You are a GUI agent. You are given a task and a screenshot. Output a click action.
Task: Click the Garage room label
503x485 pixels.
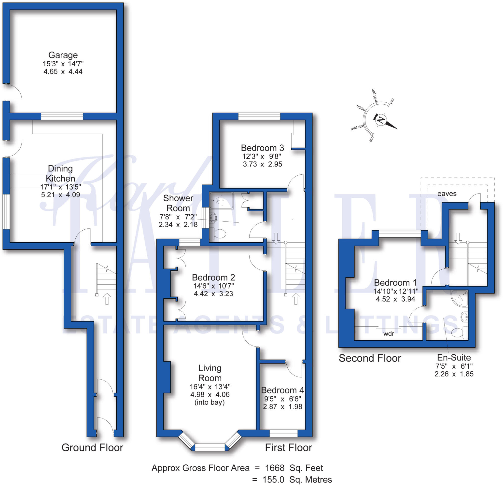63,55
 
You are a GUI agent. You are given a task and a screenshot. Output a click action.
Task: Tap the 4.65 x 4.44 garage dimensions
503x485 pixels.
63,71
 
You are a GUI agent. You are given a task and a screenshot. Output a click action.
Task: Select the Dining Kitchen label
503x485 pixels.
60,173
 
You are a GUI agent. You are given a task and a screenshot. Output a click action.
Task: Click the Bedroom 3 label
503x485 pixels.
262,148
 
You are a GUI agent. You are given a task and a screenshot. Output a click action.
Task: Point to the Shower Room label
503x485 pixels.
178,203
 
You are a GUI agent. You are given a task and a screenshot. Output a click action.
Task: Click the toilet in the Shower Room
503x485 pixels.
218,234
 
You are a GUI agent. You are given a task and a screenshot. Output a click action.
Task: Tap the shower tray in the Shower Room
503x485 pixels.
222,200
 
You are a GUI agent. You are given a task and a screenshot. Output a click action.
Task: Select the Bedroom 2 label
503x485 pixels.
213,277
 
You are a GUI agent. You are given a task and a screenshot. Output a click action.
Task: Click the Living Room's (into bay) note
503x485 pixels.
210,402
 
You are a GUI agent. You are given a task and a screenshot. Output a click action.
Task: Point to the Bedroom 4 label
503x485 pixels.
282,390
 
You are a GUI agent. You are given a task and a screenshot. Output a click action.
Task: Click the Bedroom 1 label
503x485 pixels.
395,283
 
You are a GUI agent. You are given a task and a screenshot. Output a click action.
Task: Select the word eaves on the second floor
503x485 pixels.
447,194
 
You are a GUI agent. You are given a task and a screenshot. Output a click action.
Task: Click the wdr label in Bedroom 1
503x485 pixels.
389,333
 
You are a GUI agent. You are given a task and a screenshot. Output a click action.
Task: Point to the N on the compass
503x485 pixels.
381,120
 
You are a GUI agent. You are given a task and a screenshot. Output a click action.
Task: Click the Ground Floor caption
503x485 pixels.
92,447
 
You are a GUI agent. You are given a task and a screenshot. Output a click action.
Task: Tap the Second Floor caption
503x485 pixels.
370,358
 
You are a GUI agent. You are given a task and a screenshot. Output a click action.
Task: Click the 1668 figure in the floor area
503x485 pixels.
275,468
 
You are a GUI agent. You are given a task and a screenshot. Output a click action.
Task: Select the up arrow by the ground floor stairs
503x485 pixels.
107,299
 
